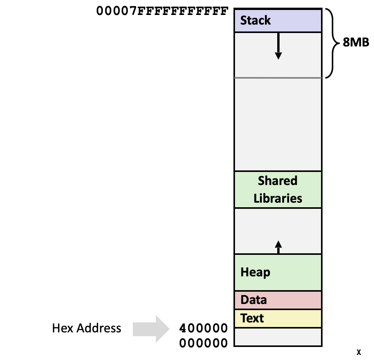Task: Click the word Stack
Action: [255, 20]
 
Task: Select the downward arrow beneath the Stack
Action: [278, 46]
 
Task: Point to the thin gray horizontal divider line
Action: [278, 78]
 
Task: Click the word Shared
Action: [278, 180]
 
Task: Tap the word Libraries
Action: [278, 198]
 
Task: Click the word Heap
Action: [255, 272]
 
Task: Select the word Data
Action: [253, 300]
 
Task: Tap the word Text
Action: [252, 318]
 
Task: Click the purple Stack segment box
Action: [300, 20]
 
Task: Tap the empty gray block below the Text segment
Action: [278, 337]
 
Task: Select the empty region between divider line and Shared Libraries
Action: [278, 125]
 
